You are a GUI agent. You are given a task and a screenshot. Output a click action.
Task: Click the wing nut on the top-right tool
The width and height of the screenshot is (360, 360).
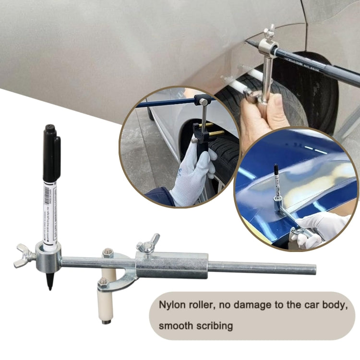click(x=270, y=32)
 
